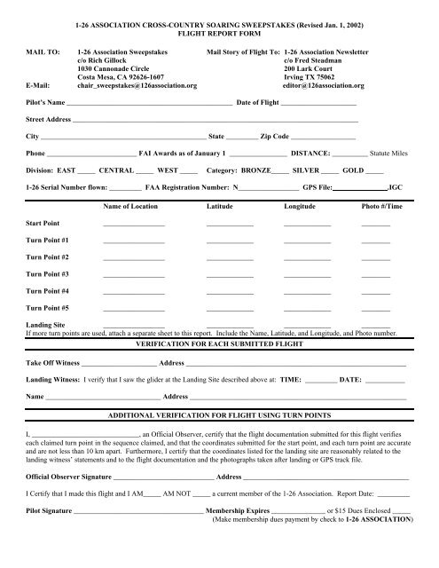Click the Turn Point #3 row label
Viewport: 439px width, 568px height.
coord(47,273)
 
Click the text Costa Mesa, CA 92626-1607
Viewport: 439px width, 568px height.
coord(130,77)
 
